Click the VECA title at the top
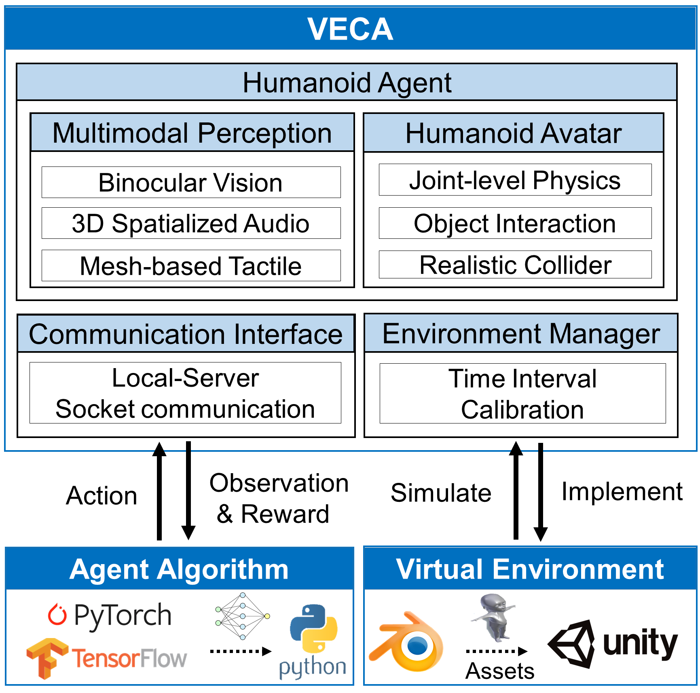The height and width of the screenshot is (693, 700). coord(350,29)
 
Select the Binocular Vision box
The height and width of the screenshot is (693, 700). coord(191,182)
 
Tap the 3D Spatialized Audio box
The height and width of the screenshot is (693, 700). coord(191,223)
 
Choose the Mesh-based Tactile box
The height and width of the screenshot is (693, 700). coord(191,265)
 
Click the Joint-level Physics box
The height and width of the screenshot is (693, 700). coord(515,180)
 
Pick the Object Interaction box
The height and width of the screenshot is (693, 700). coord(515,223)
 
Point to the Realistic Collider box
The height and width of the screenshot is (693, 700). coord(515,265)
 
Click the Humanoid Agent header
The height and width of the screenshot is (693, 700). coord(347,82)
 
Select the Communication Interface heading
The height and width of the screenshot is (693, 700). coord(186,334)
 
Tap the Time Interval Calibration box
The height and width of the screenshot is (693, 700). coord(522,394)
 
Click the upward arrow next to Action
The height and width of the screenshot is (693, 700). coord(159,491)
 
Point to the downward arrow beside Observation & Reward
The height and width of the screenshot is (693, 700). coord(188,491)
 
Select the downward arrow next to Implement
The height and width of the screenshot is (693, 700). coord(541,492)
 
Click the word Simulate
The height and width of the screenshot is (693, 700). coord(441,493)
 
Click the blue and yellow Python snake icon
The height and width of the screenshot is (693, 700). coord(313,629)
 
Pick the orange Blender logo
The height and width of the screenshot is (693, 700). coord(406,642)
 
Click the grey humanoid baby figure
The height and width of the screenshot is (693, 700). coord(494,617)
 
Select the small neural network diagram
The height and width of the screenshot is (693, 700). coord(243,616)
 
